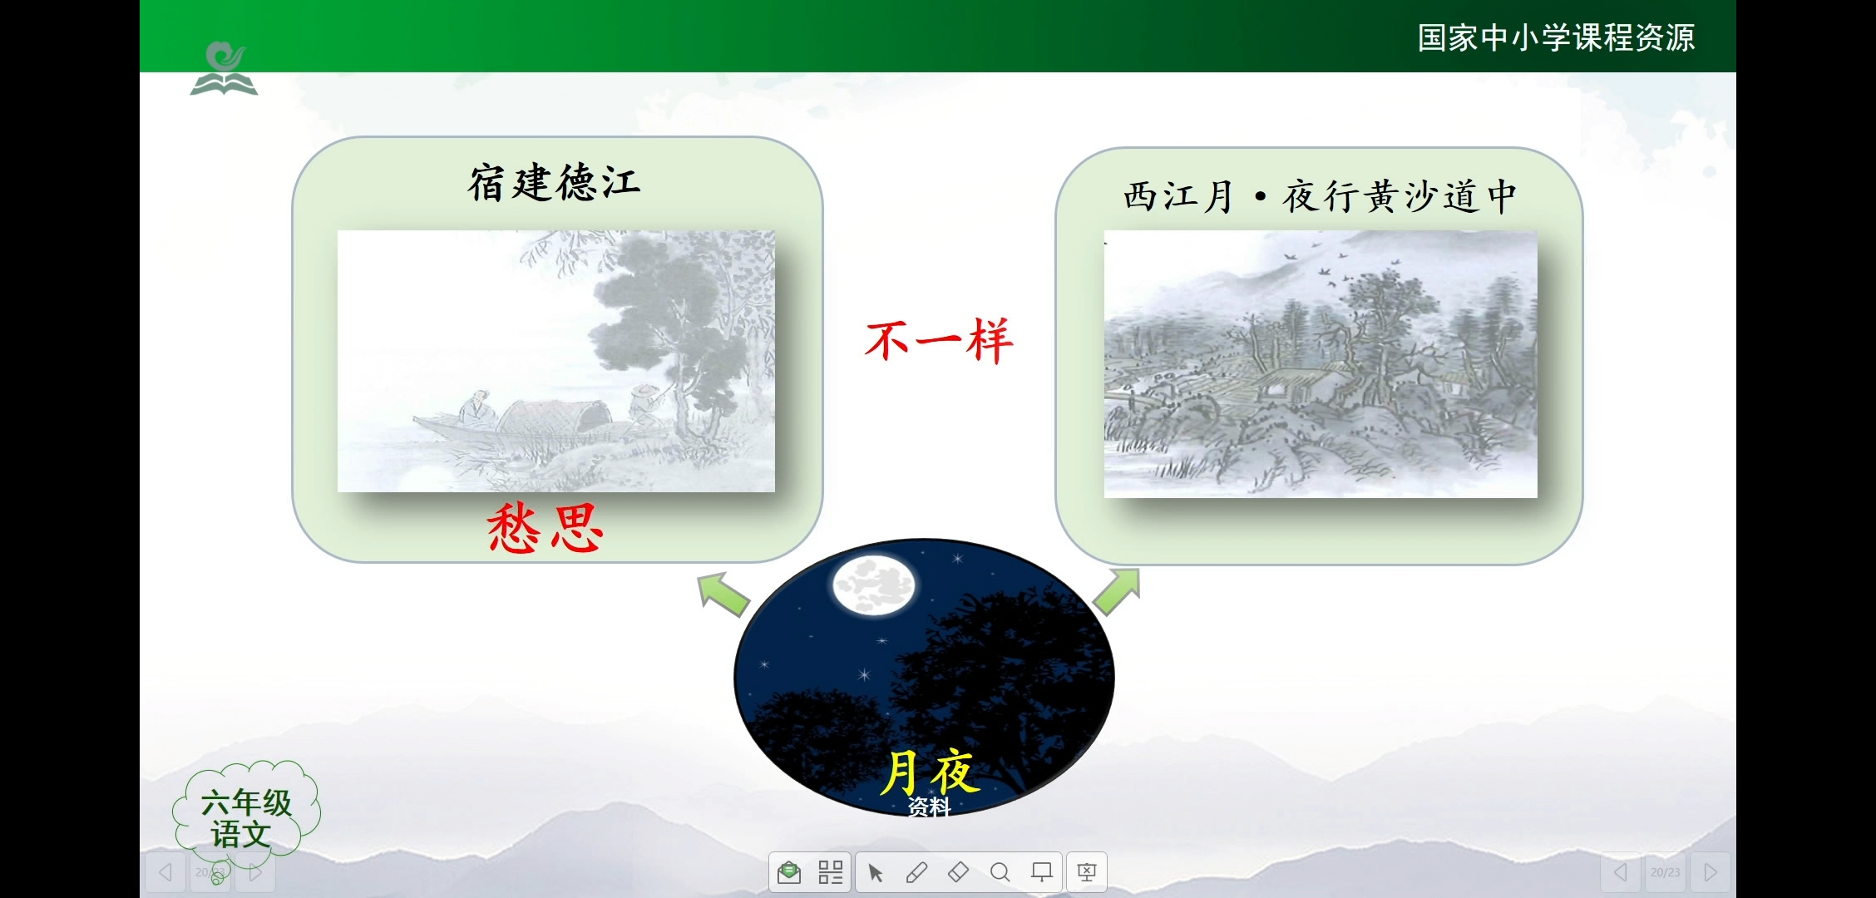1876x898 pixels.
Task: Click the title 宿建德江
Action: (x=554, y=183)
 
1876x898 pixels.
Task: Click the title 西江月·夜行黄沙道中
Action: (x=1319, y=197)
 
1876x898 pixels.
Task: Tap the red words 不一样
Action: (x=939, y=340)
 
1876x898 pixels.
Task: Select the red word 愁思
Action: (x=546, y=529)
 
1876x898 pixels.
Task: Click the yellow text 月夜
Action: (x=931, y=772)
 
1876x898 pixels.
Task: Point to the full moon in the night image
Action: (x=873, y=585)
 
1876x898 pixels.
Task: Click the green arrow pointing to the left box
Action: (x=723, y=594)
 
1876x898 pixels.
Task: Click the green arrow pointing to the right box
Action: (x=1117, y=591)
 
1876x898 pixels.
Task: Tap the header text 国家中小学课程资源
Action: (x=1555, y=38)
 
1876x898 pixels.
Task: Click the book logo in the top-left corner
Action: (x=224, y=70)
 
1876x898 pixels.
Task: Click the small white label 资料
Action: (x=928, y=807)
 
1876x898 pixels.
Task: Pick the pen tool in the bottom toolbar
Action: (x=916, y=872)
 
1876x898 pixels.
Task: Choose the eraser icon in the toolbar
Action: (x=958, y=872)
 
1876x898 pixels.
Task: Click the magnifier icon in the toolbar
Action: (x=1000, y=872)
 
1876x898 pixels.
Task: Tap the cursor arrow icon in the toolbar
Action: (x=875, y=872)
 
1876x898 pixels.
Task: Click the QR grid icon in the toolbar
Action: (x=830, y=872)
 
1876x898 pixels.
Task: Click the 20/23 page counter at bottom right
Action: (x=1665, y=872)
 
